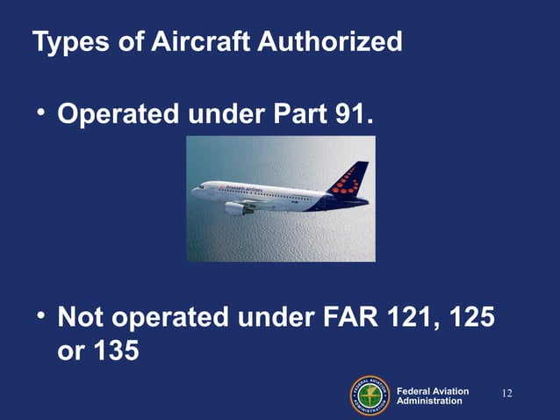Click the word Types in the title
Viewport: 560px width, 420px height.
tap(63, 42)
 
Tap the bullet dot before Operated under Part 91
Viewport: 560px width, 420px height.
tap(40, 113)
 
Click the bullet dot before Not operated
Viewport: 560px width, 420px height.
tap(40, 315)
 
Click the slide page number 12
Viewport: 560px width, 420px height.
tap(506, 392)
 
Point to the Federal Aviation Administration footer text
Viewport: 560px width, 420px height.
tap(433, 395)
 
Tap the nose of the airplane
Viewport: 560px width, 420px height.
tap(195, 191)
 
